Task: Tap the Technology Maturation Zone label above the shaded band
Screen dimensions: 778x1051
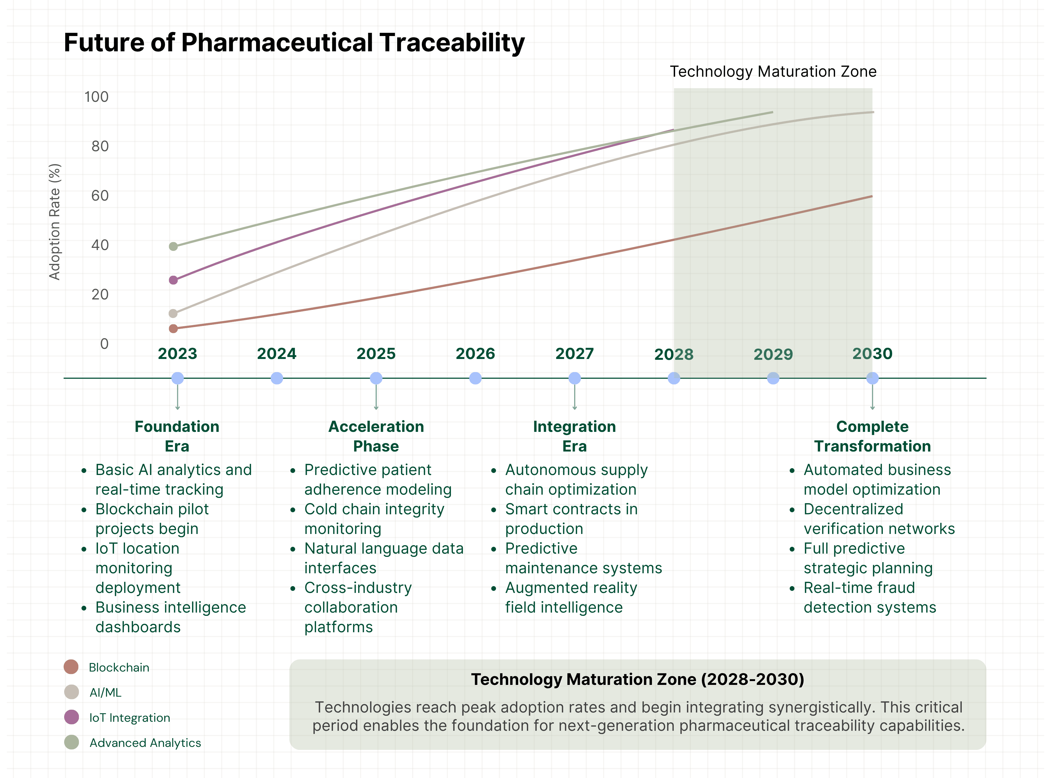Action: pos(773,72)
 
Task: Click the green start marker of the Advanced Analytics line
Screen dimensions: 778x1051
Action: pos(173,246)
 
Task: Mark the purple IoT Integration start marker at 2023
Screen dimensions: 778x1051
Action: pos(173,280)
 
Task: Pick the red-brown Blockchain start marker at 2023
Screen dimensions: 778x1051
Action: pos(173,328)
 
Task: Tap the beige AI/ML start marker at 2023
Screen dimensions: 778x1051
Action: pos(173,313)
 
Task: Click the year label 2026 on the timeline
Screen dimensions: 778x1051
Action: pos(475,354)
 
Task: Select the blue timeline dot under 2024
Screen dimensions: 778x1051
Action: pos(277,378)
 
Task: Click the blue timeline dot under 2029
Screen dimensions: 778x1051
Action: pos(773,378)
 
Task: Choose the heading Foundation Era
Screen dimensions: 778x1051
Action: pos(177,436)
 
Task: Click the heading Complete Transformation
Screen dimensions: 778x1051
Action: pos(872,436)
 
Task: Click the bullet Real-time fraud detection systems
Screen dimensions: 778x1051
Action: pos(869,597)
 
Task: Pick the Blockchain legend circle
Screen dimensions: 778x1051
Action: pos(71,667)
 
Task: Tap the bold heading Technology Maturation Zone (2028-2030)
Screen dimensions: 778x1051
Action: pos(638,679)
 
